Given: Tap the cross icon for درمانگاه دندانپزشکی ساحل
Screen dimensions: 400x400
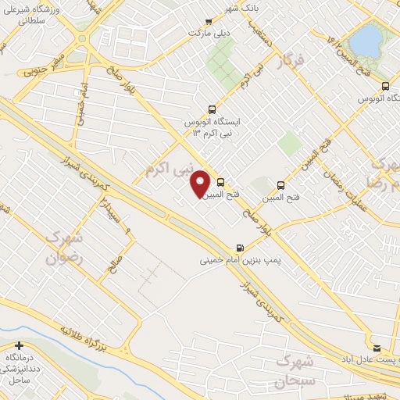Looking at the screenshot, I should pyautogui.click(x=19, y=345).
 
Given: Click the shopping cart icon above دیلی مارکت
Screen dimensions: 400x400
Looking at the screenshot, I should pyautogui.click(x=208, y=22).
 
